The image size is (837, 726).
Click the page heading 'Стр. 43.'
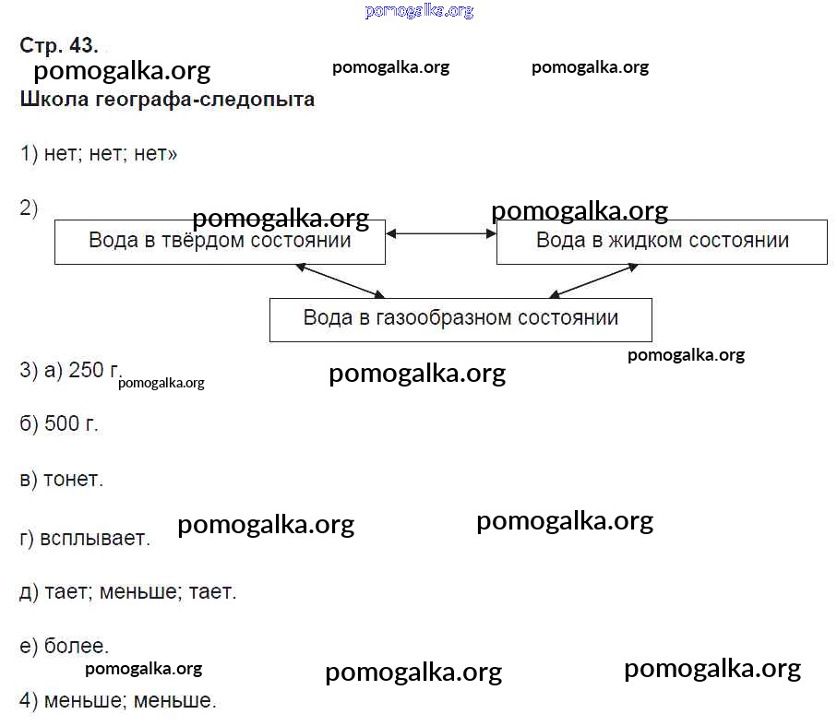tap(58, 46)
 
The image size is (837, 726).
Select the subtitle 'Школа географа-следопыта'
tap(167, 100)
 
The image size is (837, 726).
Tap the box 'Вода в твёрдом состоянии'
tap(220, 242)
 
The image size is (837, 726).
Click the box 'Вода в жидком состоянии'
tap(662, 242)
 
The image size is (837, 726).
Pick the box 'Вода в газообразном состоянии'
tap(460, 319)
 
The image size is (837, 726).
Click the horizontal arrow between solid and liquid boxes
tap(441, 234)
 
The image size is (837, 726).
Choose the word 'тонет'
tap(74, 480)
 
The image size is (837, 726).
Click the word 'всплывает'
tap(95, 538)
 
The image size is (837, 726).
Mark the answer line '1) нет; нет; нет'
tap(98, 154)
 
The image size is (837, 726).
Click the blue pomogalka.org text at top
tap(419, 11)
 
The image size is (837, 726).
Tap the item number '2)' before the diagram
tap(29, 208)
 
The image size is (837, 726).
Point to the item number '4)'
tap(29, 701)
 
